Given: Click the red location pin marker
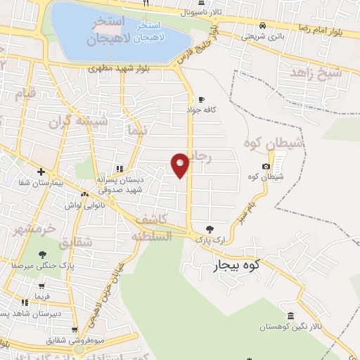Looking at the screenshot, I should tap(181, 165).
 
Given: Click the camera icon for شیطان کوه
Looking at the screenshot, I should tap(266, 166).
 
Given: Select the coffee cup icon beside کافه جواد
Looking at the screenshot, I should tap(202, 99).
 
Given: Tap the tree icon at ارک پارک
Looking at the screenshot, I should tap(209, 229).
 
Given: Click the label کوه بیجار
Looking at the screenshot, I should tap(236, 265).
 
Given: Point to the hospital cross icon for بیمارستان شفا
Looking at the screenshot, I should tap(41, 172).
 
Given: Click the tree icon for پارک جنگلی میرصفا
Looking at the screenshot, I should tap(43, 255).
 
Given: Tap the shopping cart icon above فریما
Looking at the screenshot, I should tap(41, 286).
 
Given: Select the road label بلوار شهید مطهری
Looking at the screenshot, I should tap(115, 68).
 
